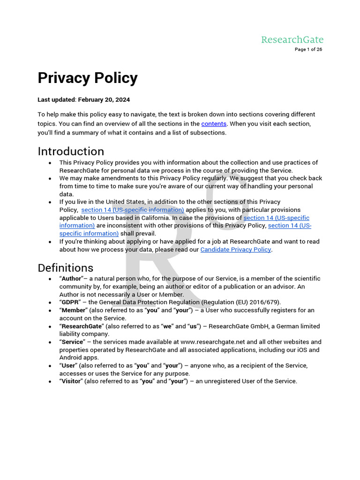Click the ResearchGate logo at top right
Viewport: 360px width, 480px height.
[x=292, y=39]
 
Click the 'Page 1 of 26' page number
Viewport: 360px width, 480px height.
[x=308, y=50]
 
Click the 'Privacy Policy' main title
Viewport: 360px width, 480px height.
[x=88, y=78]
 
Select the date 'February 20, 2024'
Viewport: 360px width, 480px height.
[x=104, y=100]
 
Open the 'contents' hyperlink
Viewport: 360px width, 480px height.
[x=214, y=124]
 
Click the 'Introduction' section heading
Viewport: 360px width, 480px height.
[x=71, y=151]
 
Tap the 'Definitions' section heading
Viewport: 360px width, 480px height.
[x=65, y=268]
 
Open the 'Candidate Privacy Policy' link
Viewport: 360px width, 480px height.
[x=236, y=249]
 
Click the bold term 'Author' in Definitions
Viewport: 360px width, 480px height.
[x=72, y=278]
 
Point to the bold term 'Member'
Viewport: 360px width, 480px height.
[x=73, y=310]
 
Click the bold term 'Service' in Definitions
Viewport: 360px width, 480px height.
[x=72, y=342]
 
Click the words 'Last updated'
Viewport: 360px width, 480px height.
[x=56, y=100]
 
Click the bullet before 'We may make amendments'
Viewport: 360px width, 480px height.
[x=50, y=179]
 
